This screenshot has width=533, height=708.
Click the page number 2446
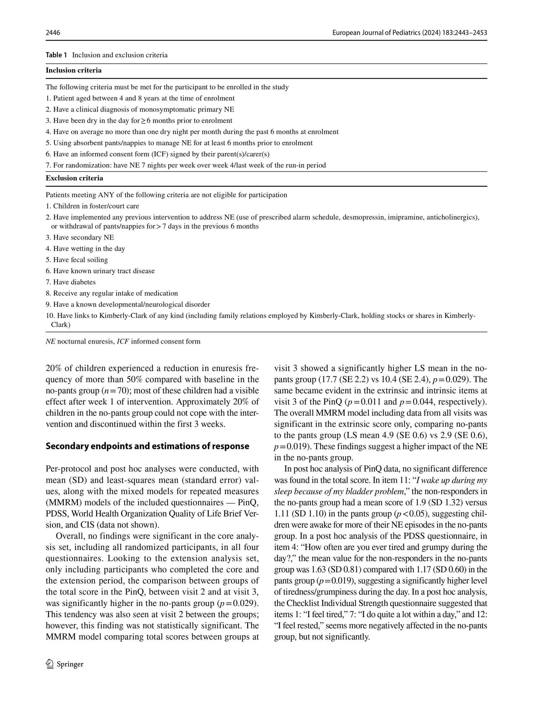53,33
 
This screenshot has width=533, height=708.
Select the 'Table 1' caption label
56,55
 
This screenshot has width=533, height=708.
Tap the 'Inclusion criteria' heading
74,71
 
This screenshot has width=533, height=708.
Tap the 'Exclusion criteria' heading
74,178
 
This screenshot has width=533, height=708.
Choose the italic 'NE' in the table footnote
51,342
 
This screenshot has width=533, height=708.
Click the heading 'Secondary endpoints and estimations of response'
147,446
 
